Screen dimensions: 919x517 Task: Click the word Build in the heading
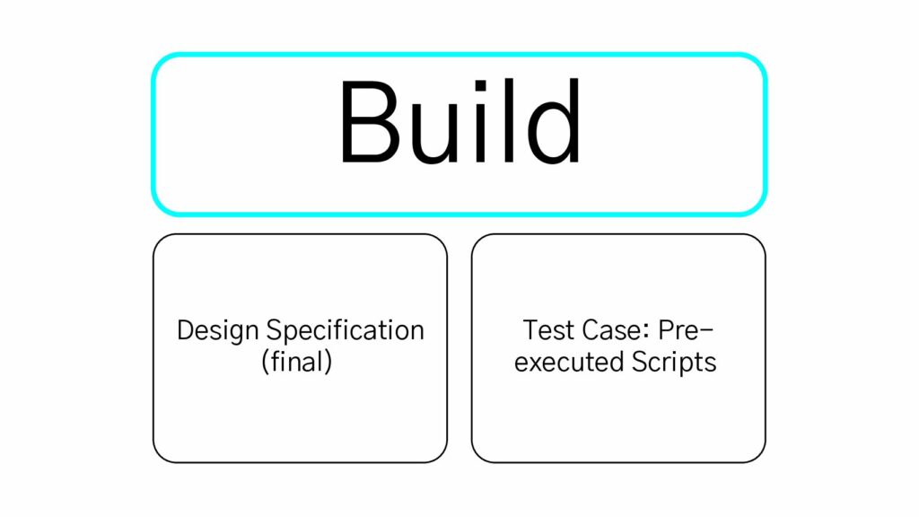(x=460, y=121)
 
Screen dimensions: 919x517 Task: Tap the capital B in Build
(x=370, y=122)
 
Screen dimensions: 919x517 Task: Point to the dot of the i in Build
(x=481, y=87)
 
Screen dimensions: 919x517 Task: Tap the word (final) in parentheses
(x=297, y=362)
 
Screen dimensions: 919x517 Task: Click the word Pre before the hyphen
(x=678, y=330)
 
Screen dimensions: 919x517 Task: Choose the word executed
(x=561, y=362)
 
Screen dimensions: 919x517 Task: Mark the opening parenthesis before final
(x=266, y=363)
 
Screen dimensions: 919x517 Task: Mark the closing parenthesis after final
(x=328, y=363)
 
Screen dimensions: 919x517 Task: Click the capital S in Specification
(x=275, y=330)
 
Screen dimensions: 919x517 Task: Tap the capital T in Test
(x=531, y=330)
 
